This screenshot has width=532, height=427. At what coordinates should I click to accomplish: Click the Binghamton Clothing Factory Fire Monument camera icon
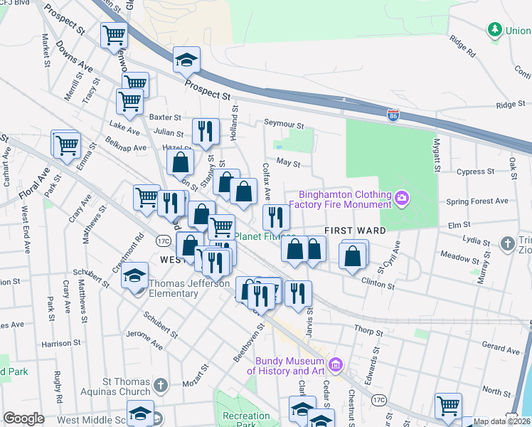coord(403,197)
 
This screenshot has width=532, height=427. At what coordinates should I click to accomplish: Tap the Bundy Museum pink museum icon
coord(336,366)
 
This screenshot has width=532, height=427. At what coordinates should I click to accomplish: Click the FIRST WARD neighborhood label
coord(356,231)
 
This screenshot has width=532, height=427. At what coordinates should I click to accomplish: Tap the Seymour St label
coord(284,125)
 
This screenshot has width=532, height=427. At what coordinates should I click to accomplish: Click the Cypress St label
coord(476,172)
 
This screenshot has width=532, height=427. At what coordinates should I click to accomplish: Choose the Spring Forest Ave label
coord(477,201)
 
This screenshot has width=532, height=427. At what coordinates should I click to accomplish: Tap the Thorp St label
coord(368,331)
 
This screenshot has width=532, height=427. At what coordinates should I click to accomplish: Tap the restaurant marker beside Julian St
coord(205,130)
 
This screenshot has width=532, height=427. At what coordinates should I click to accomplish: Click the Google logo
coord(23,418)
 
